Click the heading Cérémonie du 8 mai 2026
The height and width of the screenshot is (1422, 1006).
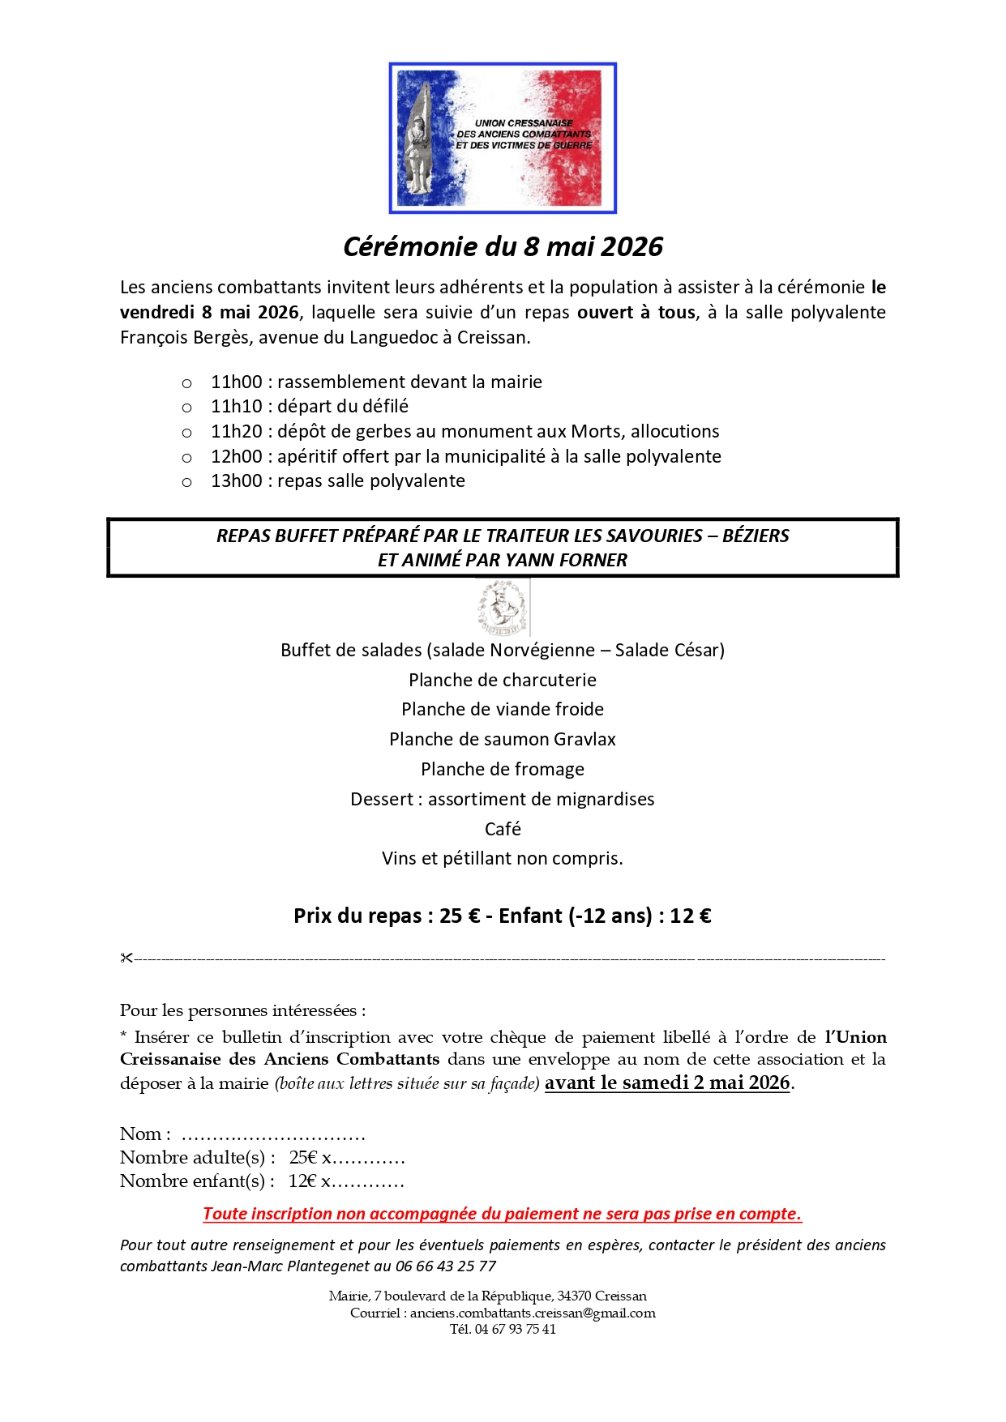pyautogui.click(x=503, y=246)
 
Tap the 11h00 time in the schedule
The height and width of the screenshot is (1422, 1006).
pyautogui.click(x=237, y=382)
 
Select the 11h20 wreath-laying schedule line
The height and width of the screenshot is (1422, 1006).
pyautogui.click(x=464, y=431)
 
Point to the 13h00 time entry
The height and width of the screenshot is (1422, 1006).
pyautogui.click(x=237, y=480)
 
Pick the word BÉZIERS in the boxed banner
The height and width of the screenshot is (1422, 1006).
pyautogui.click(x=756, y=536)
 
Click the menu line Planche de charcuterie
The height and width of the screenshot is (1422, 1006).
pyautogui.click(x=503, y=680)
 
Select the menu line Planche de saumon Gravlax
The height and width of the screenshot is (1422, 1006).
pyautogui.click(x=503, y=739)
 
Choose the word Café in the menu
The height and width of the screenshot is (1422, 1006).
pyautogui.click(x=503, y=829)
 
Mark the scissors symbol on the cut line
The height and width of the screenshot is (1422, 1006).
pyautogui.click(x=126, y=959)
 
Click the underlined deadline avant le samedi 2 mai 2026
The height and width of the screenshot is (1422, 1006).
pyautogui.click(x=667, y=1083)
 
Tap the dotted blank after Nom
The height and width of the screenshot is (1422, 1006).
pyautogui.click(x=273, y=1134)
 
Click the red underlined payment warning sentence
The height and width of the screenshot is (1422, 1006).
pyautogui.click(x=502, y=1213)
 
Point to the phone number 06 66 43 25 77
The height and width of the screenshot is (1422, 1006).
pyautogui.click(x=446, y=1266)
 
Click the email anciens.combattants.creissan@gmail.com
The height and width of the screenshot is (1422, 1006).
pyautogui.click(x=533, y=1313)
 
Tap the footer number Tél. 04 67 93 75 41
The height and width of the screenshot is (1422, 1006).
pyautogui.click(x=503, y=1329)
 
